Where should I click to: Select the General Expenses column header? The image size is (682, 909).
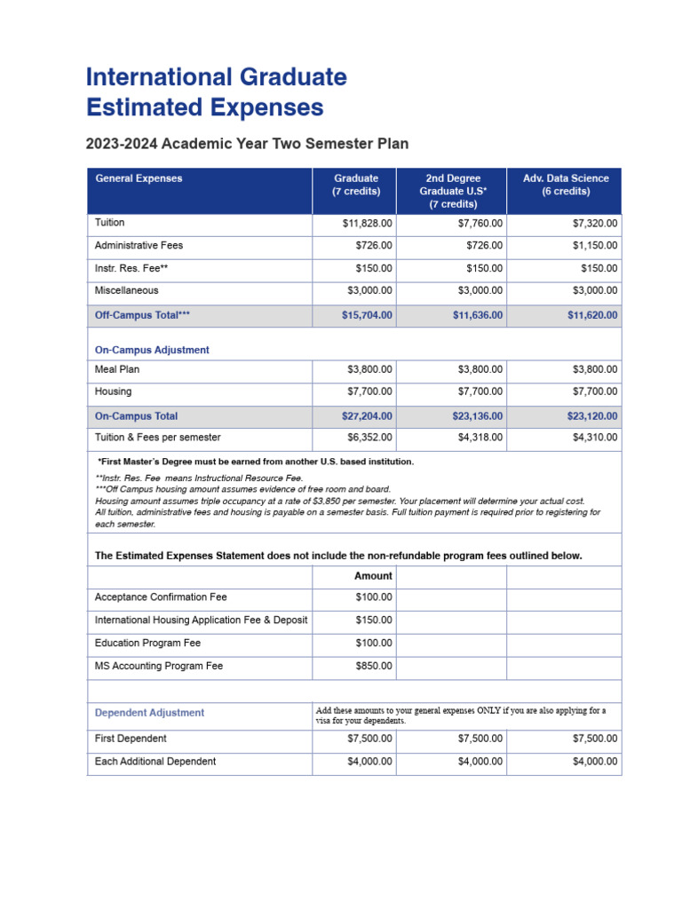(x=139, y=178)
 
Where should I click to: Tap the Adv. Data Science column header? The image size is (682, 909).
(x=566, y=185)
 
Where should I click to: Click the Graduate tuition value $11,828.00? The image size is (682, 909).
(x=367, y=224)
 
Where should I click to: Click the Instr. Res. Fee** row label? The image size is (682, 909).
(x=131, y=268)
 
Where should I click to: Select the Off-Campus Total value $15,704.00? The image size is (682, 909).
(x=367, y=315)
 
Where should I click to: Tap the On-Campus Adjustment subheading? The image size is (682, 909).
(x=152, y=350)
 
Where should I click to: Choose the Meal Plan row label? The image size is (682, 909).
(x=117, y=369)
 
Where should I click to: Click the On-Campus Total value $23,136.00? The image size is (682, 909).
(x=478, y=416)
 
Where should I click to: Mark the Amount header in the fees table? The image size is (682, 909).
(x=373, y=576)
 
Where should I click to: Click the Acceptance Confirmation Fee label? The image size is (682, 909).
(x=161, y=598)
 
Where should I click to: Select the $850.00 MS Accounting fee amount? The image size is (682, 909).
(x=374, y=666)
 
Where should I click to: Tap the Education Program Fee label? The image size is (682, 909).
(x=148, y=644)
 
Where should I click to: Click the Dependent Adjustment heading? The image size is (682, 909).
(x=149, y=713)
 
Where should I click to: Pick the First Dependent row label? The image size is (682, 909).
(x=131, y=739)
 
